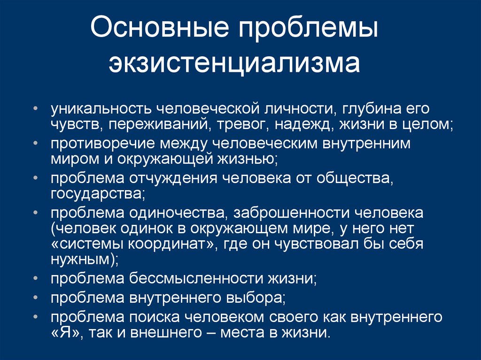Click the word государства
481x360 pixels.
(96, 193)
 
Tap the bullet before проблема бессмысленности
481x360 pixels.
(37, 278)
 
